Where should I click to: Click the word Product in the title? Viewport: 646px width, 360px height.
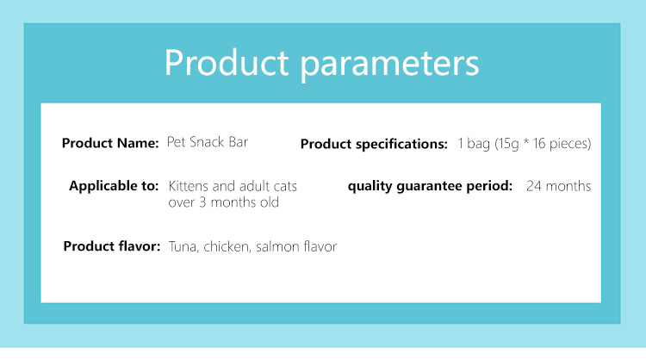[x=227, y=62]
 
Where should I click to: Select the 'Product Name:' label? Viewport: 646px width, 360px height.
[x=110, y=143]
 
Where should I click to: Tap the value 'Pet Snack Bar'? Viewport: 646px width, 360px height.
[x=208, y=142]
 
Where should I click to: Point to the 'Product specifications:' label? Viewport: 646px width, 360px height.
[x=374, y=144]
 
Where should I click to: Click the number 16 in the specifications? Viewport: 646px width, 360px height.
[x=539, y=143]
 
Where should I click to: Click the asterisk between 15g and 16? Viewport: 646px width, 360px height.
[x=526, y=141]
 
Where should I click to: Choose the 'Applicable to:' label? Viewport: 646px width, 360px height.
[x=114, y=186]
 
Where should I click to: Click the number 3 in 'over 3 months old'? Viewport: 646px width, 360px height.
[x=202, y=202]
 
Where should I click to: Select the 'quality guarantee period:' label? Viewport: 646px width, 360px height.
[x=430, y=186]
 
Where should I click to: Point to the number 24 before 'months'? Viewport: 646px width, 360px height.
[x=534, y=186]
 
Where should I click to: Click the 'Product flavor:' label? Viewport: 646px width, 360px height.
[x=112, y=246]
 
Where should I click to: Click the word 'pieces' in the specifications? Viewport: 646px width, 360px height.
[x=570, y=144]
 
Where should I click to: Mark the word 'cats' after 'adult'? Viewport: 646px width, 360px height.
[x=285, y=187]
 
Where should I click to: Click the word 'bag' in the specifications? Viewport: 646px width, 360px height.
[x=479, y=144]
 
